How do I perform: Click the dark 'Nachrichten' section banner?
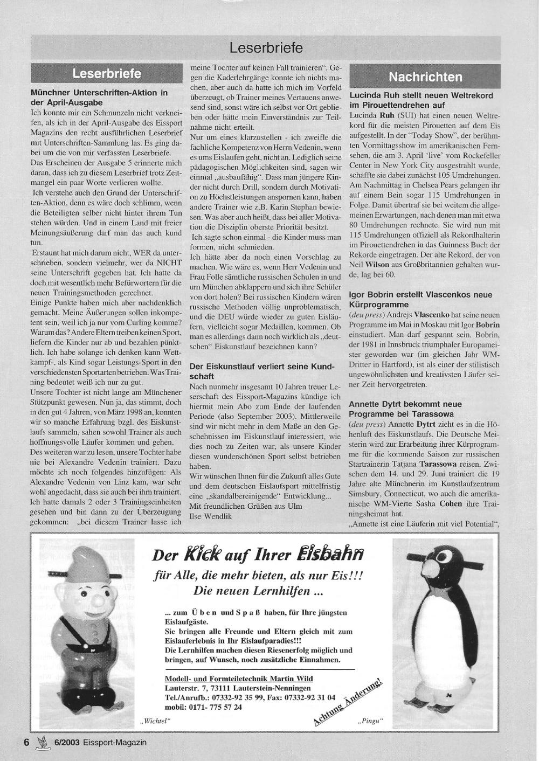click(425, 77)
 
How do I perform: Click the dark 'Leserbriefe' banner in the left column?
click(107, 73)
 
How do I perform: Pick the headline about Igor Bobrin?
click(420, 300)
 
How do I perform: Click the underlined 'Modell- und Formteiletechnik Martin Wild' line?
click(238, 679)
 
